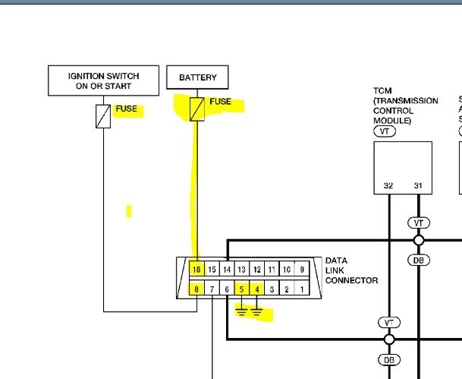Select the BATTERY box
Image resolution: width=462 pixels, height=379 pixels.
tap(197, 77)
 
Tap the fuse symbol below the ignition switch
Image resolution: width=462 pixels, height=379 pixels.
tap(103, 116)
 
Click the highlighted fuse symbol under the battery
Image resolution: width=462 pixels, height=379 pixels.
tap(196, 109)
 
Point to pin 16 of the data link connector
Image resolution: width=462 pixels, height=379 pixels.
tap(196, 270)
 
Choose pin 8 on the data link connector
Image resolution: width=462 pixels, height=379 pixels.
tap(196, 289)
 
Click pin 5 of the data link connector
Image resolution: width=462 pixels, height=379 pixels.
tap(241, 289)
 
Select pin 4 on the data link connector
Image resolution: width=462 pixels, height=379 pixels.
tap(256, 289)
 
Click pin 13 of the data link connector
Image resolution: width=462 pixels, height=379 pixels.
tap(241, 270)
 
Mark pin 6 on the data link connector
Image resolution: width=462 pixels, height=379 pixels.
tap(227, 289)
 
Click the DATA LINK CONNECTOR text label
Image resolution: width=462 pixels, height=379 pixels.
tap(350, 270)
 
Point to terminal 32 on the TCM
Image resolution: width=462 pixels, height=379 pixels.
tap(388, 186)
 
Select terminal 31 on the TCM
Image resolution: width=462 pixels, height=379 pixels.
tap(417, 186)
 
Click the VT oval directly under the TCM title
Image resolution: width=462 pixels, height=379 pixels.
tap(385, 131)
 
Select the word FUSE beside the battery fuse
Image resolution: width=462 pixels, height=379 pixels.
tap(220, 102)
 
